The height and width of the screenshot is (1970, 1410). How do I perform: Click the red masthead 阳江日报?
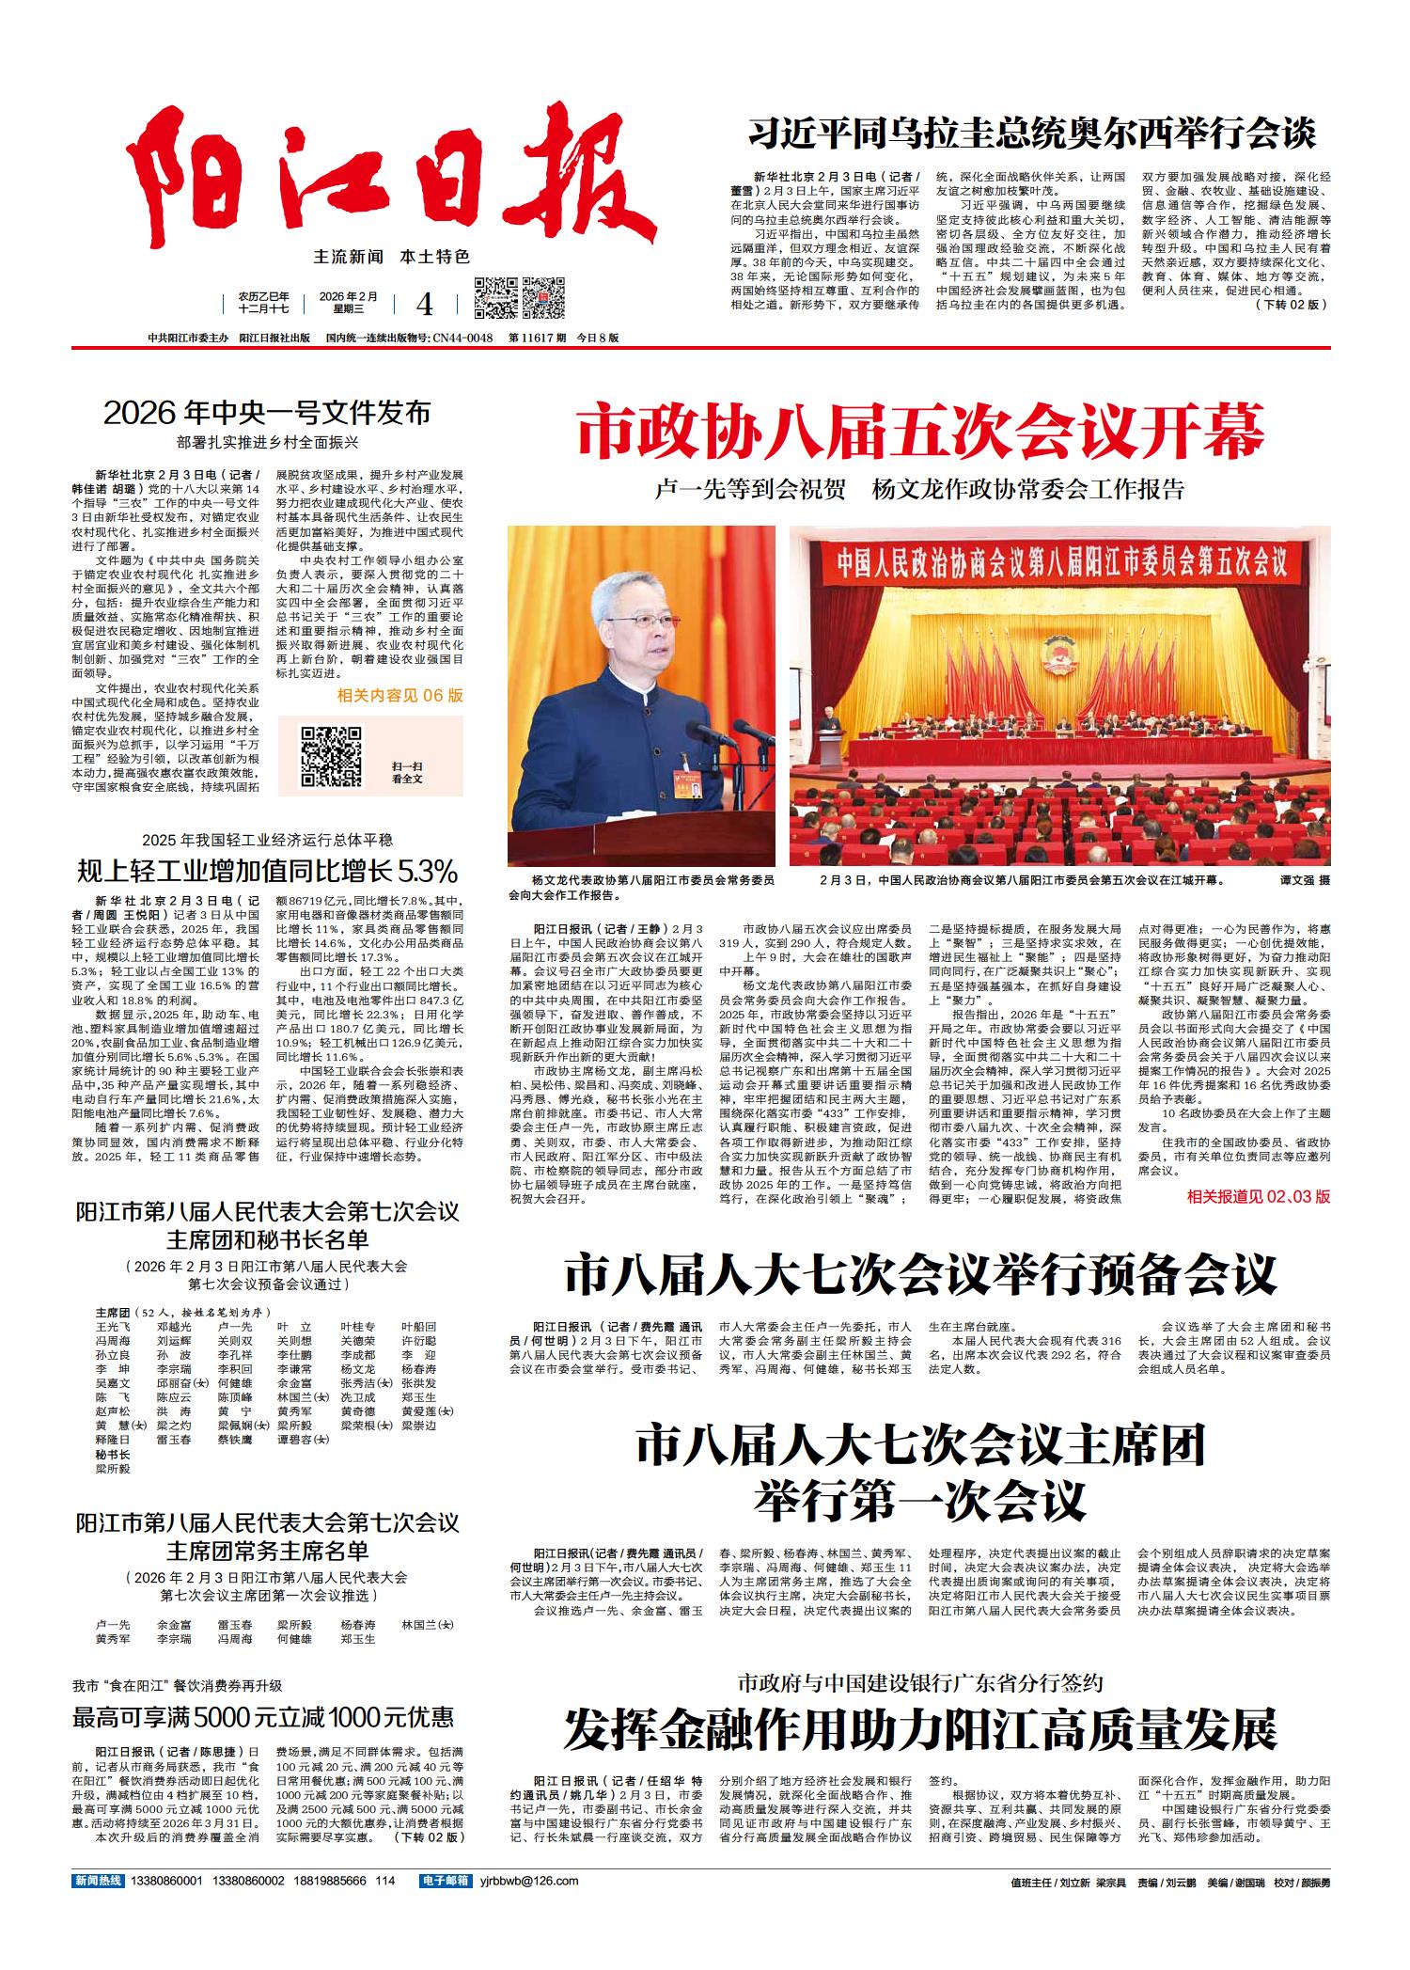tap(395, 179)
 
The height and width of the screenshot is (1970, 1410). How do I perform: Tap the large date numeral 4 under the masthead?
tap(425, 304)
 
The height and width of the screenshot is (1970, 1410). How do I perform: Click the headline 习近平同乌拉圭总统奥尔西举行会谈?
tap(1031, 134)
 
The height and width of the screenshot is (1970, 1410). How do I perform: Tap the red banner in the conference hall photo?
tap(1059, 563)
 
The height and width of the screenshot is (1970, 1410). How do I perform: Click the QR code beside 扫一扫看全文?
tap(332, 755)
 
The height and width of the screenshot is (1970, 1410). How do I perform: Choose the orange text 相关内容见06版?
tap(400, 696)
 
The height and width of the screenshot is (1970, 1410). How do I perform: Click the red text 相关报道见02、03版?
tap(1259, 1197)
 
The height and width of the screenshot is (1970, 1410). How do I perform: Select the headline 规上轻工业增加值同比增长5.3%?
tap(267, 867)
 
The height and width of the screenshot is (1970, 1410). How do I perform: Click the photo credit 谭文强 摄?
tap(1305, 881)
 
